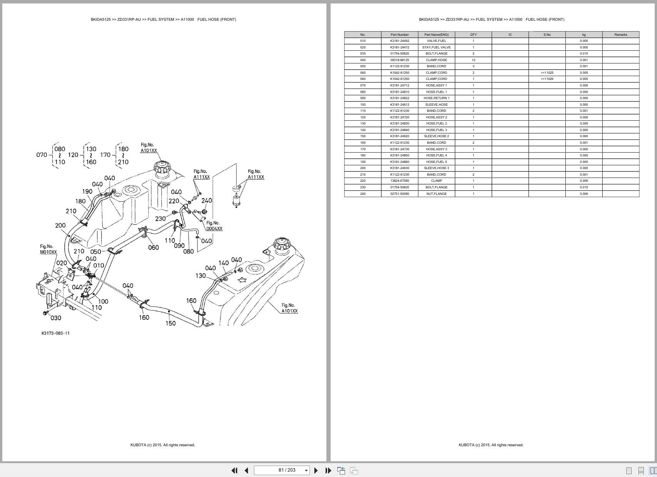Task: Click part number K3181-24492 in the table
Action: pyautogui.click(x=400, y=41)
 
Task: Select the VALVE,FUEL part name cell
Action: pyautogui.click(x=436, y=41)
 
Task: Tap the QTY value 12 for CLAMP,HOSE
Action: pyautogui.click(x=473, y=60)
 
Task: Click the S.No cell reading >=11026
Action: pyautogui.click(x=547, y=79)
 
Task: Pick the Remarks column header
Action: pyautogui.click(x=620, y=35)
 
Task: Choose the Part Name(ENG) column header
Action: pyautogui.click(x=436, y=35)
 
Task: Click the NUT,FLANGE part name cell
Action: pyautogui.click(x=436, y=194)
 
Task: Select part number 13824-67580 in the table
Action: pyautogui.click(x=400, y=181)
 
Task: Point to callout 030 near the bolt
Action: pyautogui.click(x=55, y=318)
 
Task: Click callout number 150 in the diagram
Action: pyautogui.click(x=171, y=323)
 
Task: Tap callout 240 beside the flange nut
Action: pyautogui.click(x=207, y=201)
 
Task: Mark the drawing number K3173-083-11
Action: pyautogui.click(x=55, y=333)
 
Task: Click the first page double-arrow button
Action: pyautogui.click(x=234, y=470)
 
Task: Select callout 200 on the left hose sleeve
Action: pyautogui.click(x=60, y=226)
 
